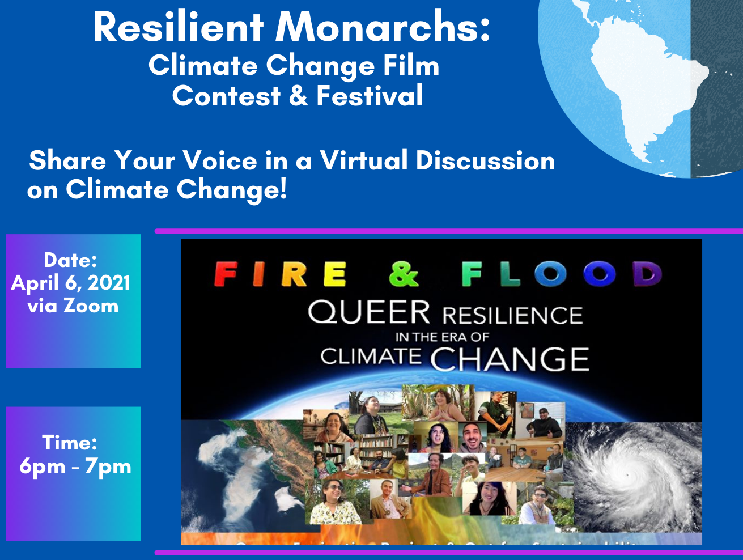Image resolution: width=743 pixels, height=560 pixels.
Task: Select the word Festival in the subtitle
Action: pos(370,95)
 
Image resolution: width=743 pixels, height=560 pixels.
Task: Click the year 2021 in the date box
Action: pos(108,283)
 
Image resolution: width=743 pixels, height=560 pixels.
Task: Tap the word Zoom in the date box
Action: pos(91,306)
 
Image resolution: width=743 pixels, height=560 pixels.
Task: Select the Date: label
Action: pos(70,260)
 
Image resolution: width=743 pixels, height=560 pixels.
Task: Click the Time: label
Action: pos(70,443)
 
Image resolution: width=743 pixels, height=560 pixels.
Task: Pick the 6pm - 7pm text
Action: pos(75,466)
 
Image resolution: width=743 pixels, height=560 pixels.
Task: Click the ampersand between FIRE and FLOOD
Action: pos(404,274)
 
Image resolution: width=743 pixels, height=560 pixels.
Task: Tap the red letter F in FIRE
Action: pos(226,274)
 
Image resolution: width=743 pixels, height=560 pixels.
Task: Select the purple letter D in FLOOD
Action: pos(647,274)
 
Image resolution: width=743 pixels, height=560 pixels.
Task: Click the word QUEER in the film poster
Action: pos(369,312)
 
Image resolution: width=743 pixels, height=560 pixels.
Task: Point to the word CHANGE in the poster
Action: pos(510,359)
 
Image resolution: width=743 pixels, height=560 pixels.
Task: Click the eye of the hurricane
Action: pos(626,474)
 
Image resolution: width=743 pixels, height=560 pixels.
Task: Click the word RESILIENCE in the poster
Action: pos(512,315)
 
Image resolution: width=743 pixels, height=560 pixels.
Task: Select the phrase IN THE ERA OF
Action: pos(442,337)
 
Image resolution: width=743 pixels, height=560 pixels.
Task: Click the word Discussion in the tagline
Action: pos(485,160)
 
